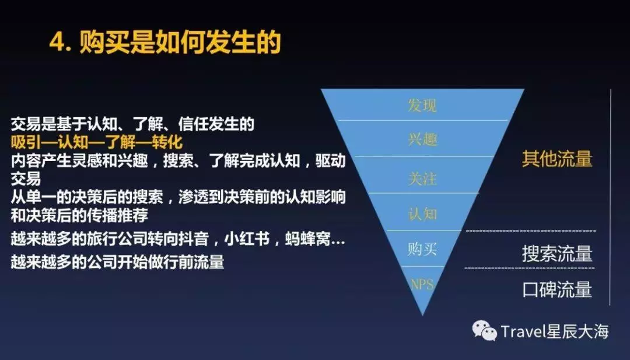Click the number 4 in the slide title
click(57, 42)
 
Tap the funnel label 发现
click(422, 105)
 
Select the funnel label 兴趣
click(422, 139)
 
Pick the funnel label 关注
click(422, 178)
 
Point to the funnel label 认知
click(422, 214)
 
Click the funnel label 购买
click(422, 249)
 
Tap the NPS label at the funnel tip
click(422, 285)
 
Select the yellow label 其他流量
click(557, 159)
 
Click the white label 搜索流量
click(557, 254)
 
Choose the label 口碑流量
click(557, 289)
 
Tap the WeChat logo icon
click(485, 330)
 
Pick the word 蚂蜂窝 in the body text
click(308, 239)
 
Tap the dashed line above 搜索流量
click(531, 231)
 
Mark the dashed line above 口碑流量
click(530, 268)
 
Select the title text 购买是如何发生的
click(180, 42)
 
